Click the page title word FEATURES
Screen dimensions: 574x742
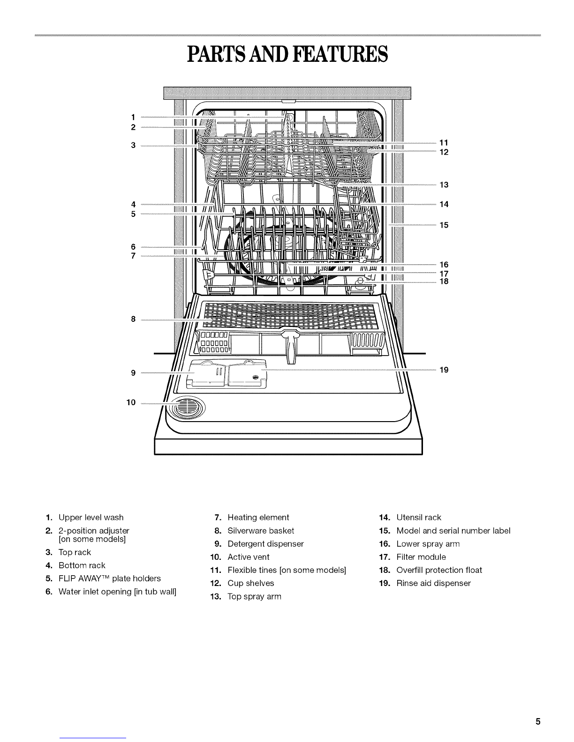click(x=340, y=54)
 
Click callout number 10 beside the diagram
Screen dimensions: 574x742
click(x=131, y=402)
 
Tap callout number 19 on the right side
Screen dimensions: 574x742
click(x=444, y=370)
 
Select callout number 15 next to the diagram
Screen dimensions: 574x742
click(x=444, y=225)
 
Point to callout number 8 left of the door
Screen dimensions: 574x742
click(x=133, y=319)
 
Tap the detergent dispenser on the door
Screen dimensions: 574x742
click(x=227, y=374)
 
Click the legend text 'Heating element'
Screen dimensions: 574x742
click(x=258, y=517)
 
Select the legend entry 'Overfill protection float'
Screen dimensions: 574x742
click(x=439, y=570)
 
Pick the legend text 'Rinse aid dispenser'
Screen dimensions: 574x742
click(x=433, y=583)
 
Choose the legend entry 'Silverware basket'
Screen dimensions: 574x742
click(x=261, y=531)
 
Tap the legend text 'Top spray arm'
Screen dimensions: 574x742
click(x=254, y=596)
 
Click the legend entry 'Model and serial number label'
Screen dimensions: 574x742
click(x=453, y=531)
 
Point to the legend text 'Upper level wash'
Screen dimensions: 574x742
click(x=91, y=517)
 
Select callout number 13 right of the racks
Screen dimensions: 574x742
click(x=444, y=185)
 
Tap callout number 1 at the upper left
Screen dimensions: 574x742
click(x=133, y=118)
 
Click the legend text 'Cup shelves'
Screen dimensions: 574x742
click(x=251, y=583)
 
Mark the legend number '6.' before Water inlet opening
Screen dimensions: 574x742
click(x=49, y=592)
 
